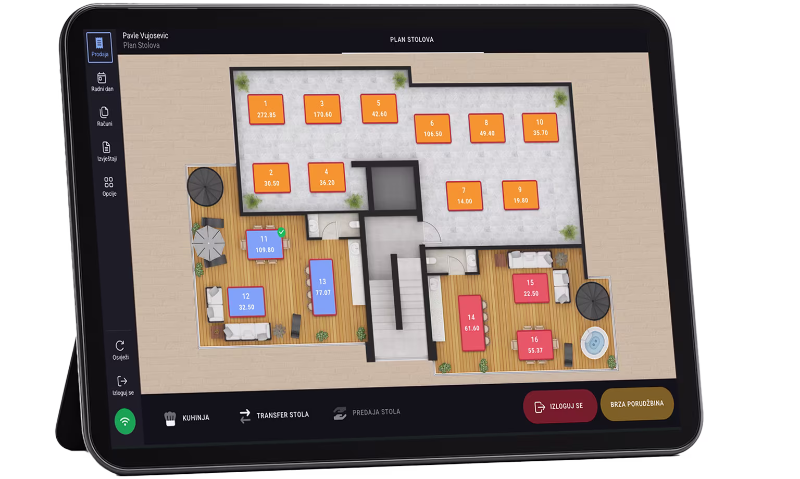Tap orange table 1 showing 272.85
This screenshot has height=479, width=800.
point(266,109)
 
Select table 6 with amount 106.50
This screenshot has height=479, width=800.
point(432,129)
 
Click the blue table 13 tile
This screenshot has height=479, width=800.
point(322,287)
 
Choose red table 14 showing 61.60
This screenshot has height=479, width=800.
point(472,323)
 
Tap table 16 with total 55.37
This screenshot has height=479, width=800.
point(535,345)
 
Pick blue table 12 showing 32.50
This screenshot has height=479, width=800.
point(246,301)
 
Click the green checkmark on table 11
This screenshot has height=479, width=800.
point(281,232)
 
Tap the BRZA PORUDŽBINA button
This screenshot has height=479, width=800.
point(637,404)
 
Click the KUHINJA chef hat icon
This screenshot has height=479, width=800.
point(170,418)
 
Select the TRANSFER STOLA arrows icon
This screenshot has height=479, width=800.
point(245,416)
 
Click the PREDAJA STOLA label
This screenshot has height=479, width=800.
point(376,412)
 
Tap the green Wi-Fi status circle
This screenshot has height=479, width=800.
point(125,422)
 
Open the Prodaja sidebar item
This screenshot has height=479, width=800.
point(99,47)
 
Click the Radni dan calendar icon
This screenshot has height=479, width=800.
point(102,78)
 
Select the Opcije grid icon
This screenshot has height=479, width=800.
point(108,182)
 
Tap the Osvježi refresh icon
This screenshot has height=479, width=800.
point(120,346)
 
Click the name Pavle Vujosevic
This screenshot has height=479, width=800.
point(145,35)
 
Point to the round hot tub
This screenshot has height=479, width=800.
point(594,343)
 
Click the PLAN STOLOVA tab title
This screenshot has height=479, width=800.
point(412,40)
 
